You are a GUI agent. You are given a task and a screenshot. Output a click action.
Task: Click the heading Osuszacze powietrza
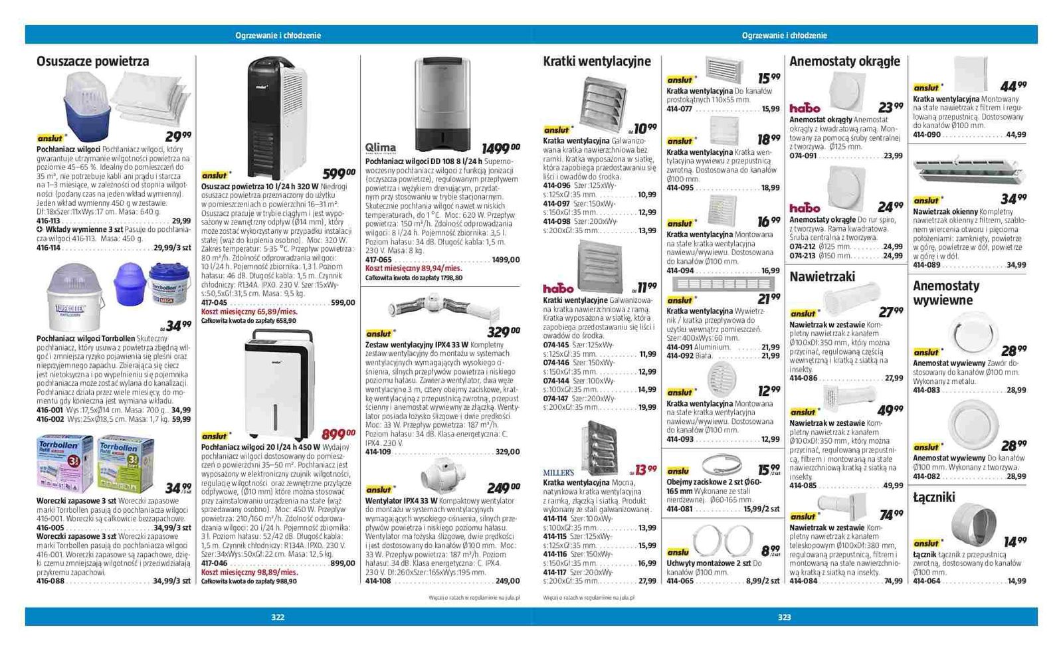92,62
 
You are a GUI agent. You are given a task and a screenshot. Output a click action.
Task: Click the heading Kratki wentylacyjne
597,62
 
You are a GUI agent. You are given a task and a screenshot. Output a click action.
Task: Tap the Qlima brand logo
380,147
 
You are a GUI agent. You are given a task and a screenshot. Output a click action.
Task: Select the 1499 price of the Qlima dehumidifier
500,148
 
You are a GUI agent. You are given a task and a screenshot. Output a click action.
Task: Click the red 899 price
338,434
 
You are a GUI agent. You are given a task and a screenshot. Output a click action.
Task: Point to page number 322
278,617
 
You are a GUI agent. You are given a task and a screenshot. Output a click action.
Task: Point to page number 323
784,617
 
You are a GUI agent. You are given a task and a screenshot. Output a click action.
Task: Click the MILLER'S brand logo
558,472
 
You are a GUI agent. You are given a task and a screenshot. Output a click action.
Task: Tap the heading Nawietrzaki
822,276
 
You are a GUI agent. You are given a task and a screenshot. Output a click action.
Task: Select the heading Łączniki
933,497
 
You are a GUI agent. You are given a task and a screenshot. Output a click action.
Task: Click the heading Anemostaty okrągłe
844,62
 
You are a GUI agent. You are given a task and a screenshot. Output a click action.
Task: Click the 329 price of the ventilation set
503,331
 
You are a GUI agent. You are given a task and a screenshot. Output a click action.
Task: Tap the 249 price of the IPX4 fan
503,488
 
